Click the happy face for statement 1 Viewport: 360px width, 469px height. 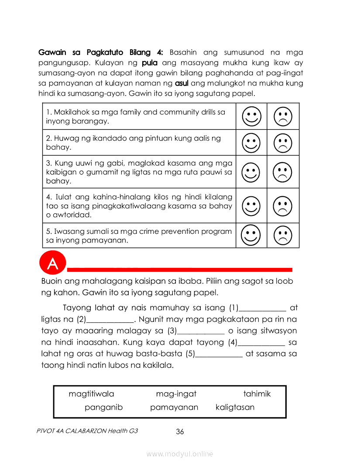[251, 116]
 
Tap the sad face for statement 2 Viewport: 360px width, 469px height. [283, 142]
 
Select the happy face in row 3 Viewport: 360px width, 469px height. [251, 172]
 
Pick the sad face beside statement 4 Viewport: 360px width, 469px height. [283, 205]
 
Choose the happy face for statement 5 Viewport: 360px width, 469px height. [251, 235]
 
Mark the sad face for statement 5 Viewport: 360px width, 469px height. [283, 235]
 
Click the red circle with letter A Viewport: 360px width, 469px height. [52, 264]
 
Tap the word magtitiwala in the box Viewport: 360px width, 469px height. [91, 394]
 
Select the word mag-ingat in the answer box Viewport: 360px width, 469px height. [176, 394]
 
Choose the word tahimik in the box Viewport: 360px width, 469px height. [257, 394]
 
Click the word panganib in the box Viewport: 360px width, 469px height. [104, 407]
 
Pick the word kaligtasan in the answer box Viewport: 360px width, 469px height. [235, 407]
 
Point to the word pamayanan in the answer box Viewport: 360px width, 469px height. [174, 407]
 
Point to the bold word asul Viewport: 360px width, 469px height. [181, 83]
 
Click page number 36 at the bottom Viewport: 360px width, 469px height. [180, 432]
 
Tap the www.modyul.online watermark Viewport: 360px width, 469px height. [180, 454]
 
